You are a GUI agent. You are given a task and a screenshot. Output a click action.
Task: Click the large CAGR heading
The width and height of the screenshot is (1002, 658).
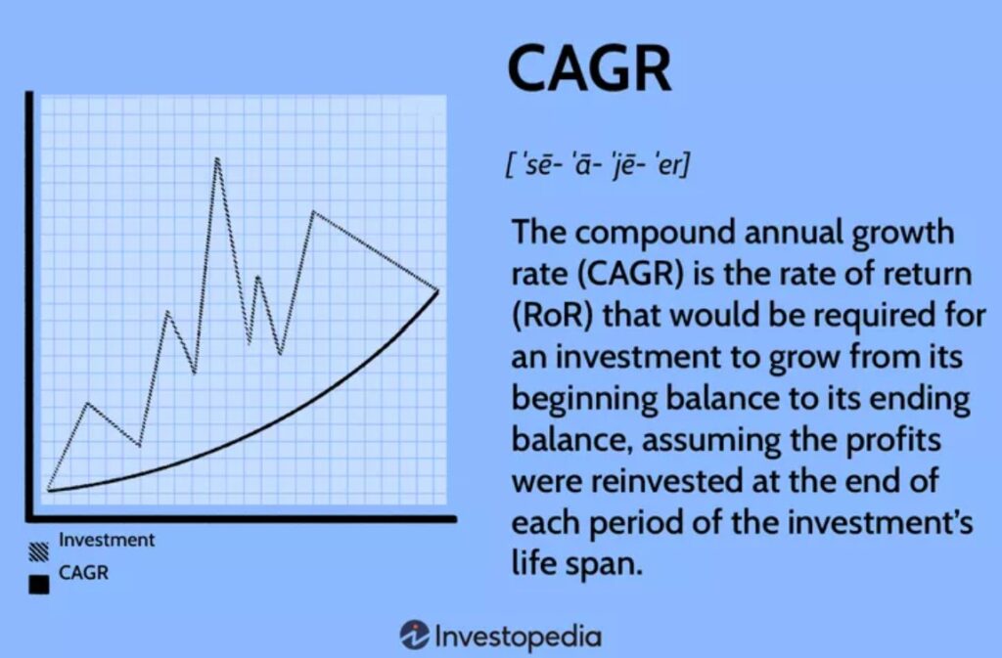click(x=589, y=68)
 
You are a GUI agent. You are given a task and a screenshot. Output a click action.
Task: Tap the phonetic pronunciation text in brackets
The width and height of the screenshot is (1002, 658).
click(x=598, y=165)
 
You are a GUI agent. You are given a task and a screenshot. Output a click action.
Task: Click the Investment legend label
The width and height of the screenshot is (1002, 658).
click(x=107, y=540)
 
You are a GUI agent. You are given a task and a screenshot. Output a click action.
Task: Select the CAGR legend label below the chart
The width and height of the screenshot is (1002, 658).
click(x=84, y=573)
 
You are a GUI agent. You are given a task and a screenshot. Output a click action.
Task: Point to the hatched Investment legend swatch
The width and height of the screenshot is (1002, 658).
click(x=39, y=552)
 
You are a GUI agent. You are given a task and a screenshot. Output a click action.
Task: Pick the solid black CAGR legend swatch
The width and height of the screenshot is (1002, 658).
click(x=39, y=585)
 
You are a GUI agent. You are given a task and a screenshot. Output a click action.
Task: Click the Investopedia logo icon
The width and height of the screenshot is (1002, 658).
click(x=414, y=636)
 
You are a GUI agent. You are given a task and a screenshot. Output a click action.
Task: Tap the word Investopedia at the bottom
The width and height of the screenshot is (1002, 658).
click(x=519, y=636)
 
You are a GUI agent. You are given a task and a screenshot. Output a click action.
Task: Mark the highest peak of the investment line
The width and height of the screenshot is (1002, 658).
click(x=217, y=158)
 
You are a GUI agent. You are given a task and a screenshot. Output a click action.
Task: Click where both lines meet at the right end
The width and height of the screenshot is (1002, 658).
click(x=438, y=291)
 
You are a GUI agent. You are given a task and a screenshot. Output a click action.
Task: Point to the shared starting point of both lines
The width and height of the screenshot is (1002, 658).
click(x=49, y=490)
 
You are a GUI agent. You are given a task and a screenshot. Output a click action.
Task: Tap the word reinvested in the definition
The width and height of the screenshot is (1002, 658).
click(x=664, y=481)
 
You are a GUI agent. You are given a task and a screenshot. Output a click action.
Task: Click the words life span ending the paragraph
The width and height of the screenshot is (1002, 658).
click(x=575, y=564)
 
